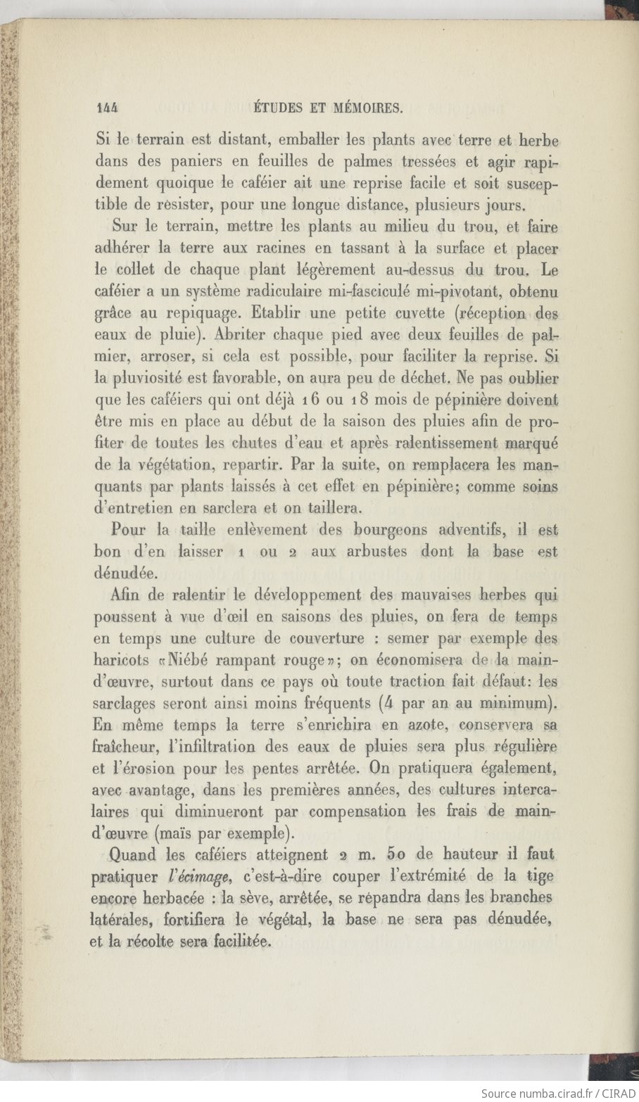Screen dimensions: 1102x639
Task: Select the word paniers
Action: coord(198,161)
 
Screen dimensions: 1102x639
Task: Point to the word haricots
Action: coord(121,660)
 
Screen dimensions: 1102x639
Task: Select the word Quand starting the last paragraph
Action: coord(133,855)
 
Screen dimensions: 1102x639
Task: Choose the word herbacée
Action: coord(172,899)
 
